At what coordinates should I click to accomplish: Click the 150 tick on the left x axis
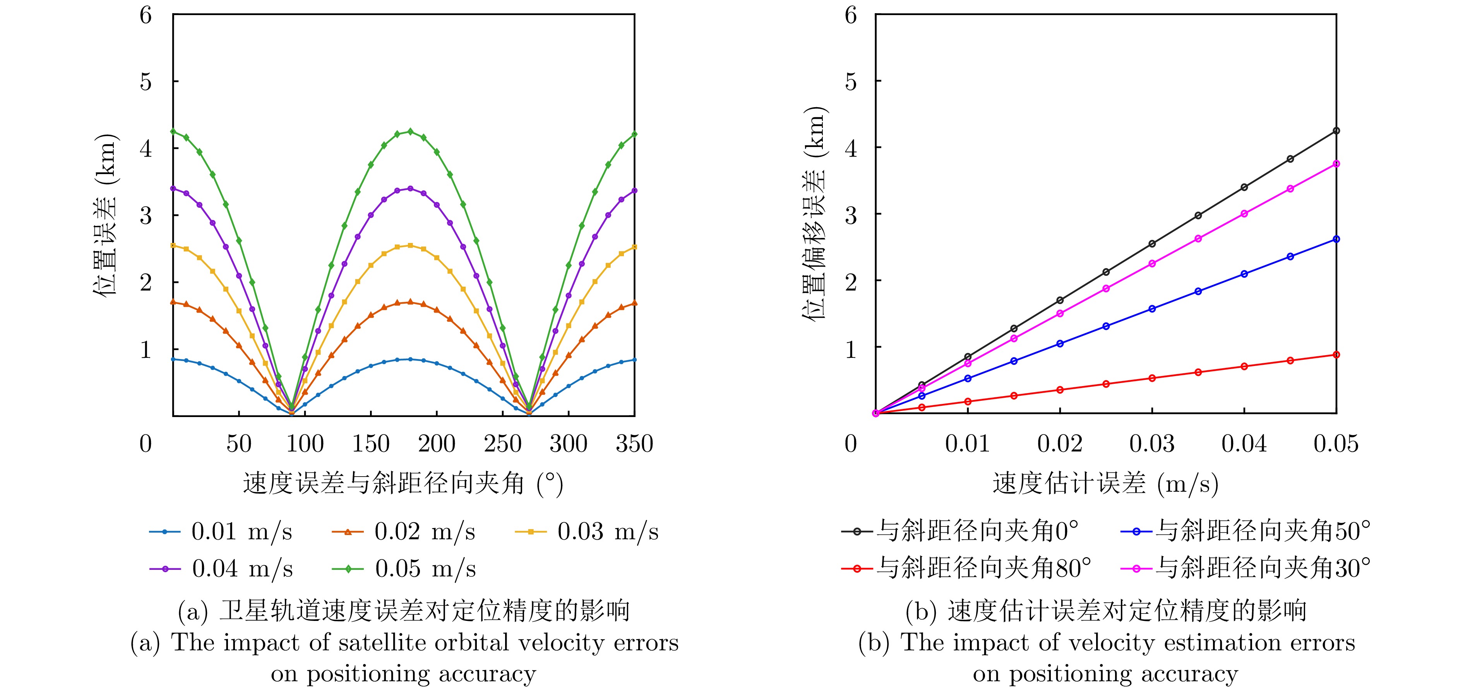pyautogui.click(x=371, y=443)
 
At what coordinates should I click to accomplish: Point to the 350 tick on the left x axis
pyautogui.click(x=634, y=443)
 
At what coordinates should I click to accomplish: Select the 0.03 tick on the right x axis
pyautogui.click(x=1152, y=443)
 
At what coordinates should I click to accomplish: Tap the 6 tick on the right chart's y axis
pyautogui.click(x=850, y=15)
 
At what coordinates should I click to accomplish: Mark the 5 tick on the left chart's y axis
pyautogui.click(x=146, y=82)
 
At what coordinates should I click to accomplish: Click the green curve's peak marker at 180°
pyautogui.click(x=410, y=131)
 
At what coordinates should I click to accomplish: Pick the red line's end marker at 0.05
pyautogui.click(x=1336, y=355)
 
